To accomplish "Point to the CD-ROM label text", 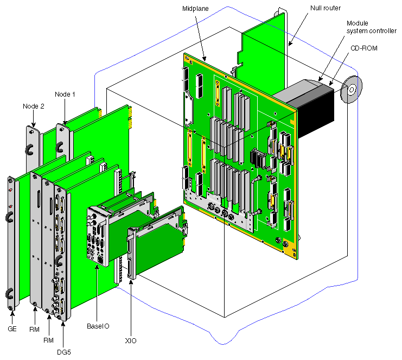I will [363, 48].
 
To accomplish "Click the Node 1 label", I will [65, 94].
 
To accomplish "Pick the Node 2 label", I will [34, 106].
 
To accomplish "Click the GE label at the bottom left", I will [12, 329].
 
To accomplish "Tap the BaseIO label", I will [98, 326].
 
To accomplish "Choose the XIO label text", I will [130, 340].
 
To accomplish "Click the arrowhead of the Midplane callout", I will [206, 60].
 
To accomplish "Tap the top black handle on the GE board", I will [9, 217].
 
